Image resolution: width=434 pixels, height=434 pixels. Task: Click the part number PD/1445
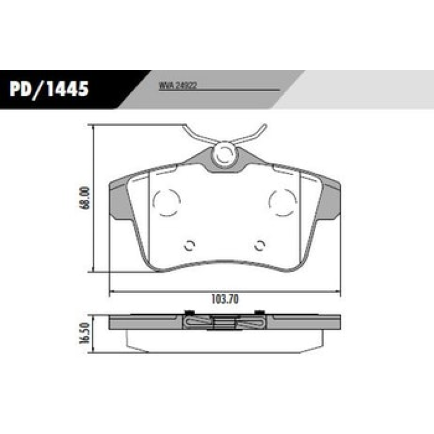pos(49,88)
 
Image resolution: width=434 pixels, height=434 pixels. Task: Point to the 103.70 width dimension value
pos(225,299)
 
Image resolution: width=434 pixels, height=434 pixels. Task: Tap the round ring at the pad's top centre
pos(224,154)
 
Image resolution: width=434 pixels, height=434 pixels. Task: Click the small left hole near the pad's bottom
pos(189,245)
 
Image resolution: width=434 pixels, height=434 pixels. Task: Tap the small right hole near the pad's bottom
pos(260,245)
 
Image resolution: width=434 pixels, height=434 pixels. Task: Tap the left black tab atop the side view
pos(190,312)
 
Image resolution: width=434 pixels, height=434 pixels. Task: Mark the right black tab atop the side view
pos(259,312)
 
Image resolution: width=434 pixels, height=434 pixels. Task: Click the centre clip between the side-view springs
pos(225,323)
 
